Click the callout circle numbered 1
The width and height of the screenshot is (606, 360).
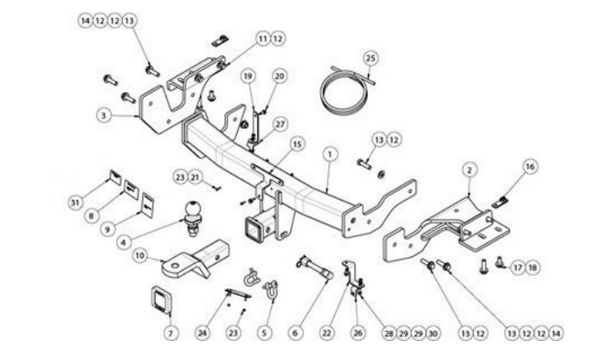point(330,155)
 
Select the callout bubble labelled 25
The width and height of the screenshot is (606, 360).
point(371,59)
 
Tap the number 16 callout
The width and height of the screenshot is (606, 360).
point(530,166)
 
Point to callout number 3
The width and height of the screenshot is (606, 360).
point(104,115)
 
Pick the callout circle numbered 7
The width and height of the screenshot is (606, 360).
point(171,333)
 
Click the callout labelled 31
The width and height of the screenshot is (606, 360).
point(76,202)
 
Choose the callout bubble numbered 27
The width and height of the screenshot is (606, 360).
point(280,125)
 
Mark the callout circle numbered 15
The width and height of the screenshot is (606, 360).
point(297,145)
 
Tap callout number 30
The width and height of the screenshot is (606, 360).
point(433,333)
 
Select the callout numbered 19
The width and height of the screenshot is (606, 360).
point(248,76)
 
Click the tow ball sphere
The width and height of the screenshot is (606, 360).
point(192,209)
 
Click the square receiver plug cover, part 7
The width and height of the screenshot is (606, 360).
point(162,300)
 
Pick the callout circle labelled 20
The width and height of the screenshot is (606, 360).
point(279,76)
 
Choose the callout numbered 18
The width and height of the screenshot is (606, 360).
point(532,267)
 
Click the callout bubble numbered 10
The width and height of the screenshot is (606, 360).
point(140,255)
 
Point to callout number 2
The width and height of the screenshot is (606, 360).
point(469,170)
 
